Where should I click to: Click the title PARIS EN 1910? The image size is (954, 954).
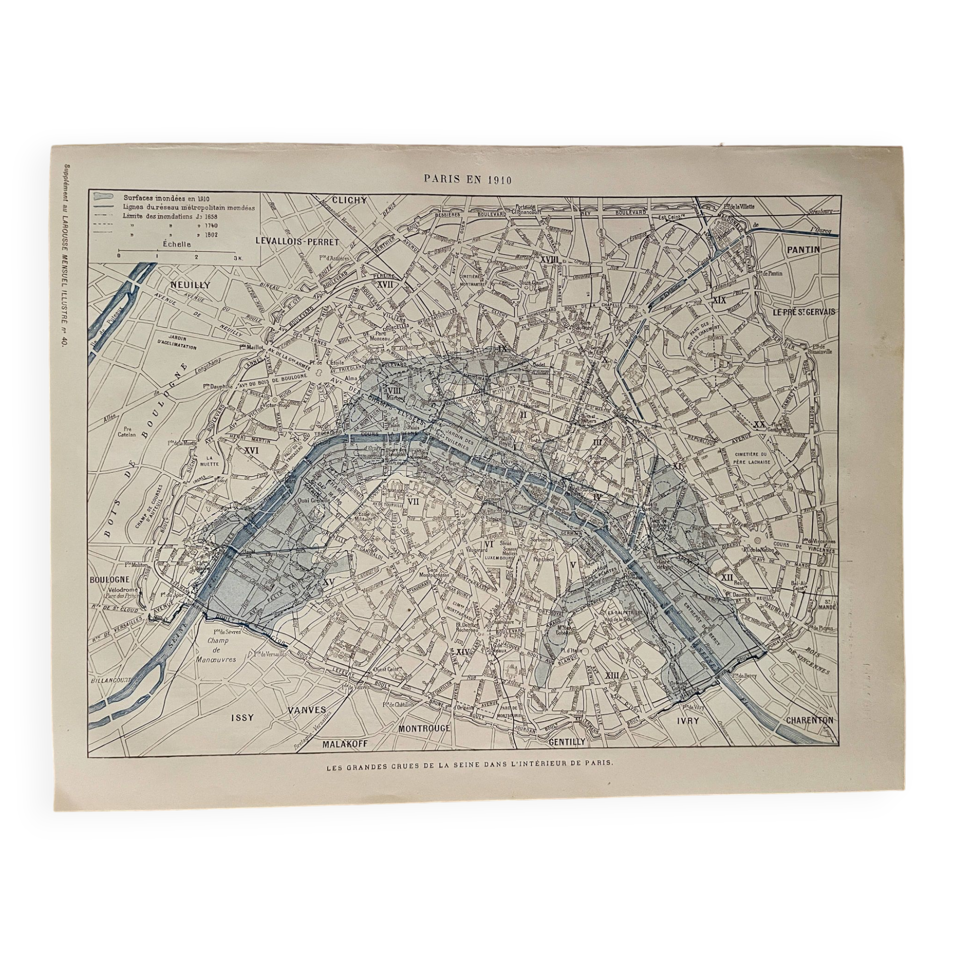point(467,179)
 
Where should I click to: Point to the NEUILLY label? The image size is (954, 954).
point(190,285)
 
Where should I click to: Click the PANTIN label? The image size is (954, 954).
point(803,250)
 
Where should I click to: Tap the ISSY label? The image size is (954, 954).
point(242,717)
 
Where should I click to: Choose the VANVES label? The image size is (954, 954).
point(307,710)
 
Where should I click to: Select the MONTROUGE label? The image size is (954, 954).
point(425,728)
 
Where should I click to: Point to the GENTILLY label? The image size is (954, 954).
point(567,741)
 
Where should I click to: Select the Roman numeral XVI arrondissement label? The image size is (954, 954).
point(252,450)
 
